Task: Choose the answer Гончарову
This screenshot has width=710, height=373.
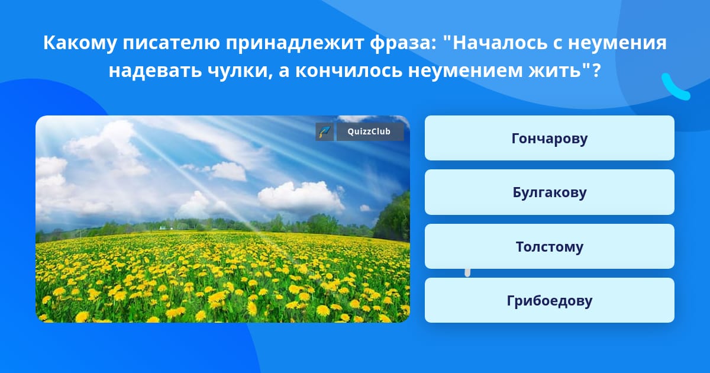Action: [549, 138]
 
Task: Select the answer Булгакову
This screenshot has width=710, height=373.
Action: [549, 192]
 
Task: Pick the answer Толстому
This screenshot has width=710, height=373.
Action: [549, 246]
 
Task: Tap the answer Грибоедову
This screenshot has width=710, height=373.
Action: [549, 300]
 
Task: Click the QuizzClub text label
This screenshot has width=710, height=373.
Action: [369, 131]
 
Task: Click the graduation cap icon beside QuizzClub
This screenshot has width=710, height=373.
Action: [325, 131]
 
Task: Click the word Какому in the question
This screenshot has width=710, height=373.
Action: [80, 43]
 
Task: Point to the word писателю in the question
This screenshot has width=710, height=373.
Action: [171, 43]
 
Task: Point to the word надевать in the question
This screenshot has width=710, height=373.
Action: [155, 70]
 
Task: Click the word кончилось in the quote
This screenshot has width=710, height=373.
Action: [348, 70]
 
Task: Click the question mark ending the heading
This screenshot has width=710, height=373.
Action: [596, 70]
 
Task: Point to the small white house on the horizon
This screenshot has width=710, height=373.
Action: [162, 228]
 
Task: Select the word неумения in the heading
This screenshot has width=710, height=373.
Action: [617, 43]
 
